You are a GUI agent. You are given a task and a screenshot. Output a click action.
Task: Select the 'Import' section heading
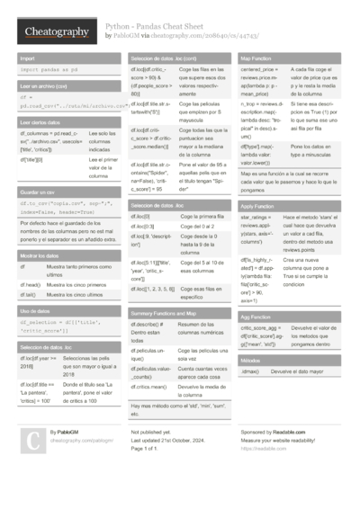(x=27, y=58)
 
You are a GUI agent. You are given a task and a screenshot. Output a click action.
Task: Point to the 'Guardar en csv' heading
(x=35, y=193)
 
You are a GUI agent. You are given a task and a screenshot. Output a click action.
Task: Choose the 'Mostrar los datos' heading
(x=38, y=256)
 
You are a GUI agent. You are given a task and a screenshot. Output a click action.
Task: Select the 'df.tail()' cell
(x=28, y=294)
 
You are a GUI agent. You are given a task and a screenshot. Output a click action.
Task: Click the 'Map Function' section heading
(x=260, y=58)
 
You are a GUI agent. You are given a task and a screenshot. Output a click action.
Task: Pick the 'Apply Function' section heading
(x=262, y=207)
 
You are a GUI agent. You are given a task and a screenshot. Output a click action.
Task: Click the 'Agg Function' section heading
(x=259, y=317)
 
